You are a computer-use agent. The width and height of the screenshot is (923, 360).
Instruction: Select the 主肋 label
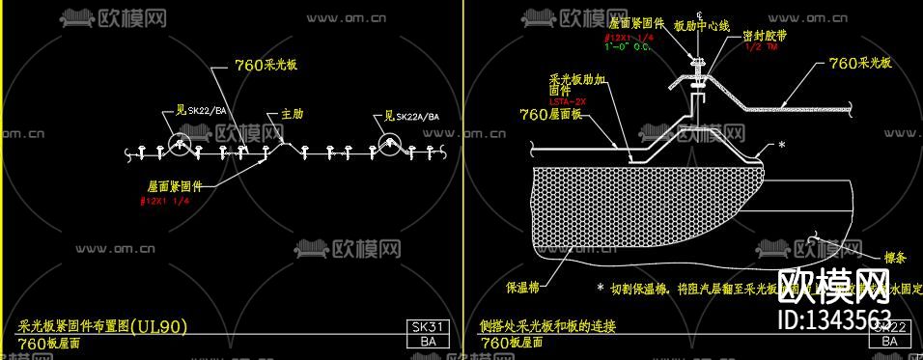pos(292,114)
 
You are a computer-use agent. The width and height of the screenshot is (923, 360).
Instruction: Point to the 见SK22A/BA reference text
pos(406,118)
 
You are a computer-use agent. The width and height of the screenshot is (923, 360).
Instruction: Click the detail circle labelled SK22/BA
pos(181,145)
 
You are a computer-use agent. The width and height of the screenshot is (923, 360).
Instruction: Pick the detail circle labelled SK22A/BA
pos(389,145)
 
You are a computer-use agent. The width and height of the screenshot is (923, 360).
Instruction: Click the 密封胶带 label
pos(762,34)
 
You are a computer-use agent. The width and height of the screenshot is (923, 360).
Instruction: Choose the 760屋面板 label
pos(551,114)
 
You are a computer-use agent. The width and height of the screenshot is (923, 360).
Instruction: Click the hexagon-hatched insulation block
pos(637,203)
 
